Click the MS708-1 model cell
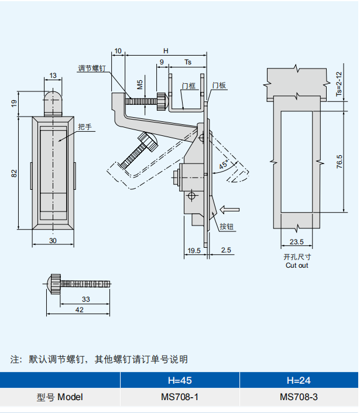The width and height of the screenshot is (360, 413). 180,397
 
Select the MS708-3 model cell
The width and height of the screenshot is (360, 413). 299,397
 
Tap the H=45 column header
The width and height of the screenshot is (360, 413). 180,380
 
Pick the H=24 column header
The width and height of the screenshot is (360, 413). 299,380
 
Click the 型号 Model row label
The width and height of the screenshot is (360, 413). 60,397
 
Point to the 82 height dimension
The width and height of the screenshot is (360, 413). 14,172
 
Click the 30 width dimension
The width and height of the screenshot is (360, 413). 53,241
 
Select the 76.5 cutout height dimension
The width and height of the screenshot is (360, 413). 340,162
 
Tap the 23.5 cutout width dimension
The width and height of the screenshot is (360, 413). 296,241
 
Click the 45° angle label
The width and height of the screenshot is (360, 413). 224,165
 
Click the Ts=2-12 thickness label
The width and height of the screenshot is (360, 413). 338,84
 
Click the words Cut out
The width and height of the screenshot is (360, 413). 296,265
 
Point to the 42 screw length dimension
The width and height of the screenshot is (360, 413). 79,310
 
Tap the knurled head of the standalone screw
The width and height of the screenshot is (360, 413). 54,285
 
